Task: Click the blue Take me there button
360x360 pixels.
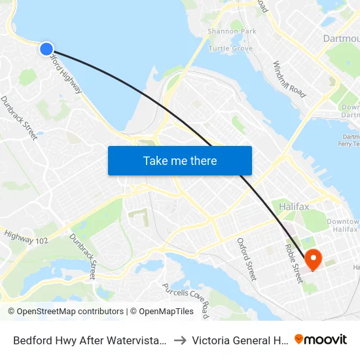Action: point(179,160)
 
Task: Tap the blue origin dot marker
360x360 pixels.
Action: point(46,48)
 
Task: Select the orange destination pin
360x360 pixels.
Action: point(313,259)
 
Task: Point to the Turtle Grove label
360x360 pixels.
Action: point(230,48)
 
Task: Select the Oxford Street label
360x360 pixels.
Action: point(247,259)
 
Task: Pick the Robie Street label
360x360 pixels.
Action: point(292,264)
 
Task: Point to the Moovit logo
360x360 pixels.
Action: point(321,340)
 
